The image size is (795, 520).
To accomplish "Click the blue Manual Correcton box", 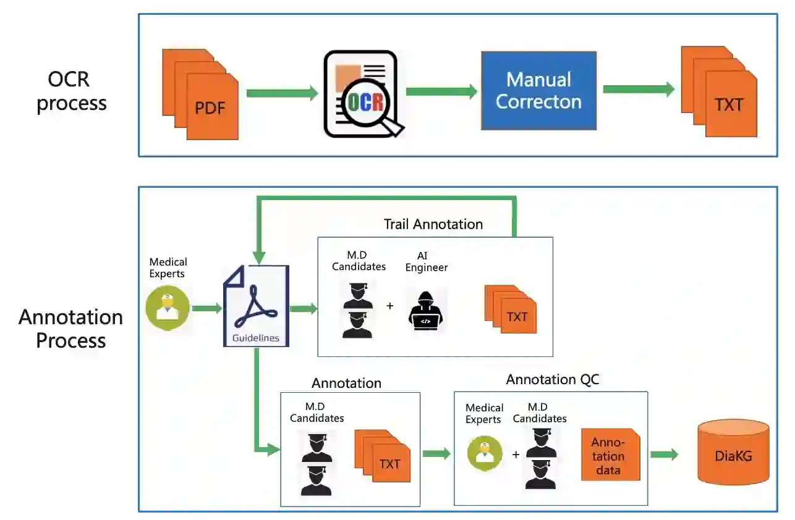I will [538, 90].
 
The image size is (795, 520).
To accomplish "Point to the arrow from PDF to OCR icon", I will [281, 93].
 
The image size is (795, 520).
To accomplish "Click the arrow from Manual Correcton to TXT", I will [638, 90].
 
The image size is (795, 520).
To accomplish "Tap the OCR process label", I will [71, 91].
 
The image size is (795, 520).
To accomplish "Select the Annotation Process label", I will [70, 329].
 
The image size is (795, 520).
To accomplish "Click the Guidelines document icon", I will [255, 306].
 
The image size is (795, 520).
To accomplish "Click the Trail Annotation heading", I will [433, 224].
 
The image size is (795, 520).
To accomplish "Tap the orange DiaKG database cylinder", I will [733, 452].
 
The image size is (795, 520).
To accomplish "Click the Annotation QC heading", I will [552, 379].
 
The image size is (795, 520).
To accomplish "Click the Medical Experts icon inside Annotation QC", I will [485, 453].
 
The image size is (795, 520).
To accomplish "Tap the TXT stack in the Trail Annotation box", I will [511, 309].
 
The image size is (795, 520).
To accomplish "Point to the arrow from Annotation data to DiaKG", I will [664, 455].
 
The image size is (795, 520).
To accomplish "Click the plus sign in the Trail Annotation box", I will [389, 306].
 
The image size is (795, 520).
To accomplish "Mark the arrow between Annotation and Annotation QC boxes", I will [436, 454].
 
